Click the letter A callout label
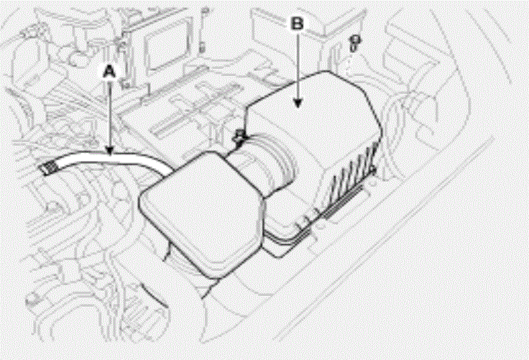tap(109, 72)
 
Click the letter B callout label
tap(297, 24)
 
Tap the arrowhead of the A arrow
tap(110, 151)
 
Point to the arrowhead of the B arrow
tap(298, 103)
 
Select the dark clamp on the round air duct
tap(240, 139)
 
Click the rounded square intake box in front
tap(202, 213)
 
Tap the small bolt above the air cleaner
tap(354, 43)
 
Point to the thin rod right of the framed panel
tap(203, 30)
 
